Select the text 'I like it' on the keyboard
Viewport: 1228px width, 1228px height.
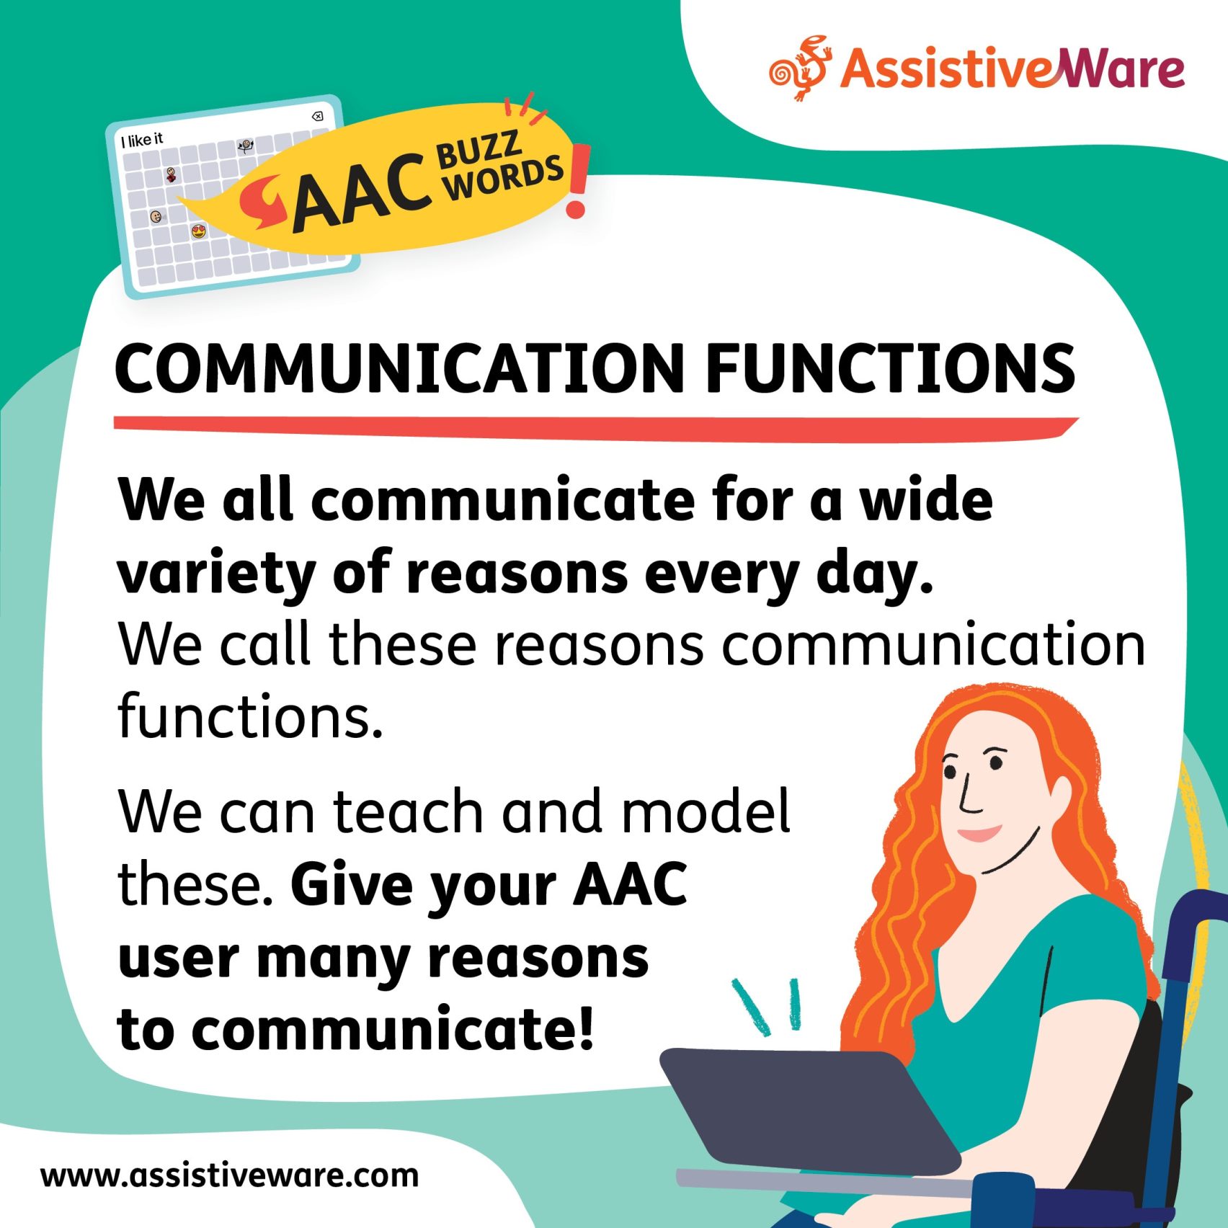point(142,139)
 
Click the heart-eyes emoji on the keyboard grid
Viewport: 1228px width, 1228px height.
point(199,231)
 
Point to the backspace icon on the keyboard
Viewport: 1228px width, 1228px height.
point(316,117)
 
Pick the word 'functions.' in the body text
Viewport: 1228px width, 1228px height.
point(250,716)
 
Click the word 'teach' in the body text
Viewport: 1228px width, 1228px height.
point(409,812)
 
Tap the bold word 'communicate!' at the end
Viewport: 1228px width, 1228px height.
point(393,1030)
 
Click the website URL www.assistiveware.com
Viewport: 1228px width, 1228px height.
point(229,1175)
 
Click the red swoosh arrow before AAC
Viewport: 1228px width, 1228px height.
point(263,203)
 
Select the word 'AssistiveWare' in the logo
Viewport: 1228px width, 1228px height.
point(1012,69)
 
